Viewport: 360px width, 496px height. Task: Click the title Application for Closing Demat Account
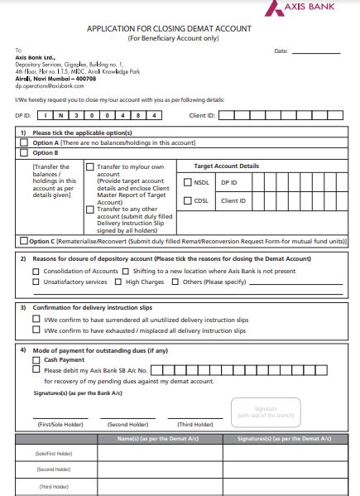tap(169, 28)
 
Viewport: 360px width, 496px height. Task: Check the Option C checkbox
tap(24, 240)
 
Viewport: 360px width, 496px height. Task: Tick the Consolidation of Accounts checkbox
tap(36, 271)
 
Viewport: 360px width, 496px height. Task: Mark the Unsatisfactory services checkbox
tap(36, 282)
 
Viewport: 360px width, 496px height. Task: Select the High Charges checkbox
tap(118, 282)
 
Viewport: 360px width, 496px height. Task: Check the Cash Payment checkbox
tap(36, 360)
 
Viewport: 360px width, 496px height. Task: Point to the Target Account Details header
tap(226, 166)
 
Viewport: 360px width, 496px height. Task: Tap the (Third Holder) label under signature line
tap(194, 425)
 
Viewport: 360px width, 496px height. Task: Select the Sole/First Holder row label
tap(52, 454)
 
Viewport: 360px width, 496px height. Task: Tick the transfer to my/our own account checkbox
tap(90, 166)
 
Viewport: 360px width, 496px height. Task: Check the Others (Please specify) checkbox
tap(175, 282)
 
